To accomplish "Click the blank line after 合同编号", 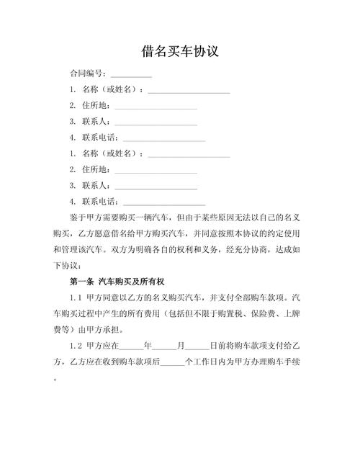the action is tap(131, 74).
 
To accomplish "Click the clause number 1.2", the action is tap(77, 346).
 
